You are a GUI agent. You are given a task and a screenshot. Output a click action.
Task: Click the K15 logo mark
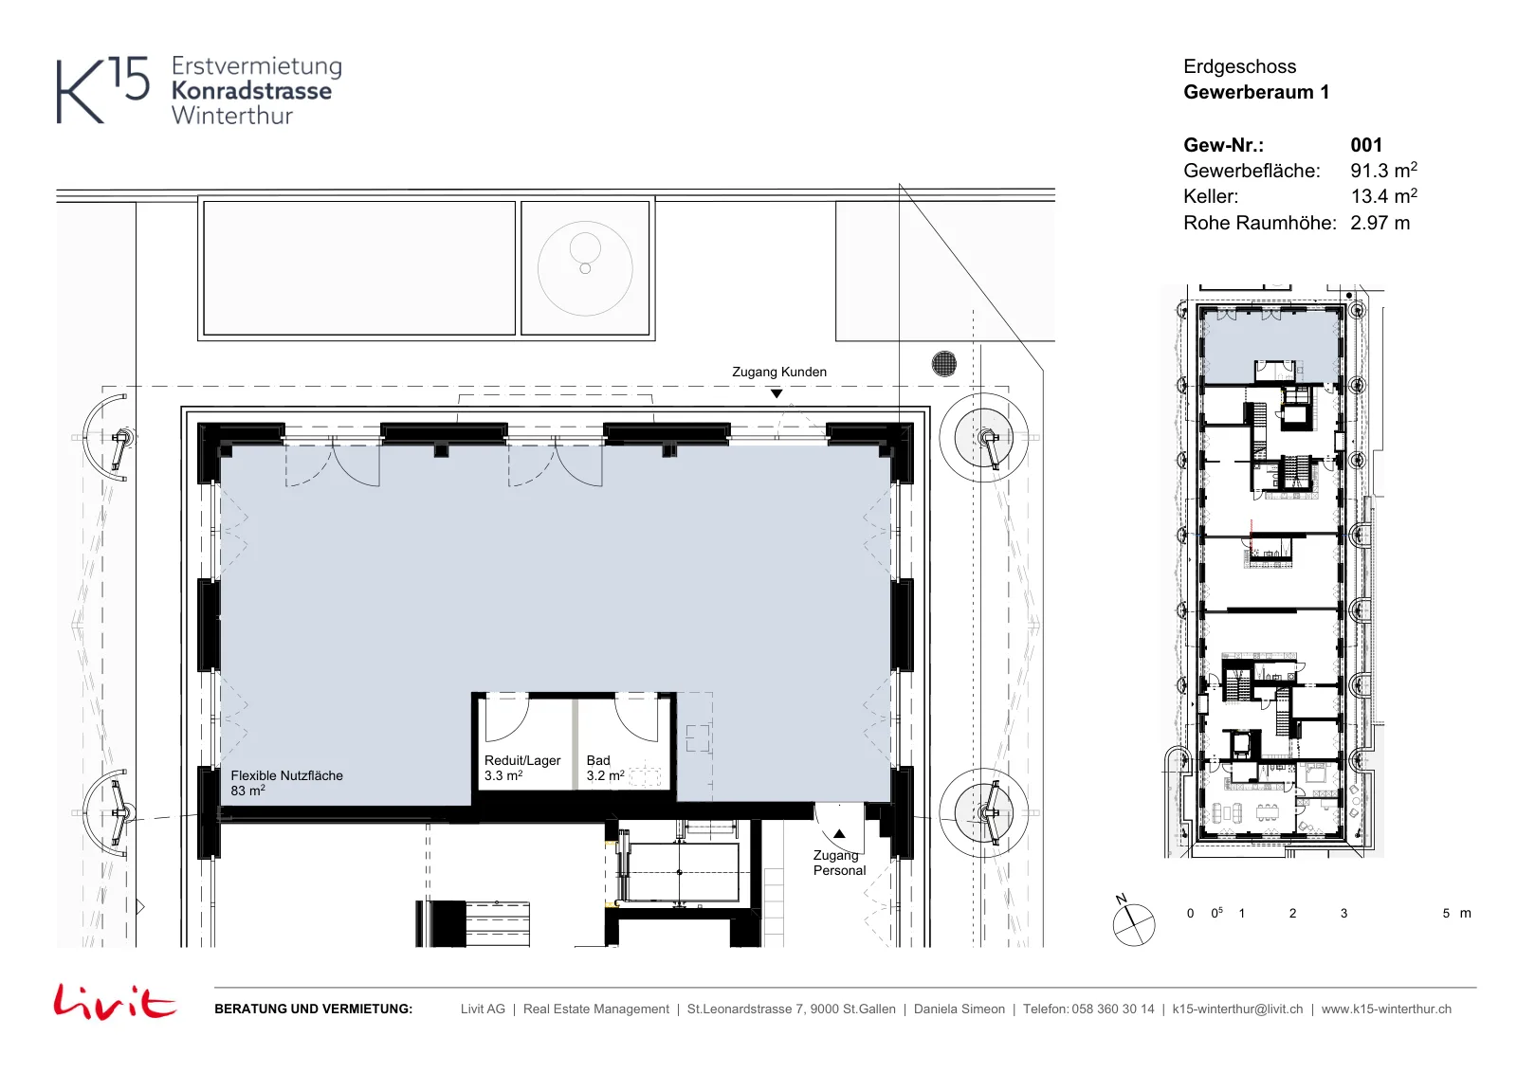[102, 89]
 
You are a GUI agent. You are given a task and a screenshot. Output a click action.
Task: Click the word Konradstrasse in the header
[251, 91]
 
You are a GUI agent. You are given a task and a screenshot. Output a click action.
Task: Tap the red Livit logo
[115, 1001]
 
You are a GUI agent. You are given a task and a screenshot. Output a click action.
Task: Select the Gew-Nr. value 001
[1366, 145]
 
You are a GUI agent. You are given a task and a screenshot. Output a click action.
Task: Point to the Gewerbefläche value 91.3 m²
[1383, 170]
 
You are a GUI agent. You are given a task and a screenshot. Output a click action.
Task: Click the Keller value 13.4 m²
[1383, 195]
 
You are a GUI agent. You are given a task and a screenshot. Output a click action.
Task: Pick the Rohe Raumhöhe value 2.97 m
[1380, 223]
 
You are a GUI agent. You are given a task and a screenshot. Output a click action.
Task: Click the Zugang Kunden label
[778, 372]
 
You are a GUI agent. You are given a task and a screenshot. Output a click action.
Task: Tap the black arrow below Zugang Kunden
[777, 393]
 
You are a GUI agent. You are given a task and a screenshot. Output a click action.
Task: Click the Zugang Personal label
[839, 864]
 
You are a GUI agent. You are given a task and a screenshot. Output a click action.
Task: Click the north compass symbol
[1133, 923]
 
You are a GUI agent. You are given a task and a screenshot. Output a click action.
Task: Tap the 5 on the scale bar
[1446, 913]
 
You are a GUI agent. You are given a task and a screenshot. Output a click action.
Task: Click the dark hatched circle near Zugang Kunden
[944, 364]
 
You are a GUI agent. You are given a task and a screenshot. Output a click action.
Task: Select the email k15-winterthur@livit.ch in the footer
[1237, 1009]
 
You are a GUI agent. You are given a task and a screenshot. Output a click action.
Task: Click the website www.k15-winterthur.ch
[1386, 1009]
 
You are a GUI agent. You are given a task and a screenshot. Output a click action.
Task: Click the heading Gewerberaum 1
[1256, 92]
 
